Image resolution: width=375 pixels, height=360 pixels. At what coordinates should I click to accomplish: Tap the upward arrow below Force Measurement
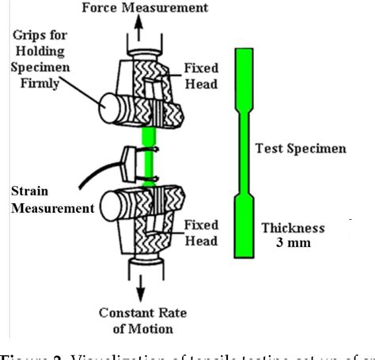tap(142, 24)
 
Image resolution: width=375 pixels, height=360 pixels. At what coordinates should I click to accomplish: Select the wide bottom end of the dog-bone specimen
tap(243, 229)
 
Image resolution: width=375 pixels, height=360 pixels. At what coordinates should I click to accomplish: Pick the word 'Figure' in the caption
tap(17, 354)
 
